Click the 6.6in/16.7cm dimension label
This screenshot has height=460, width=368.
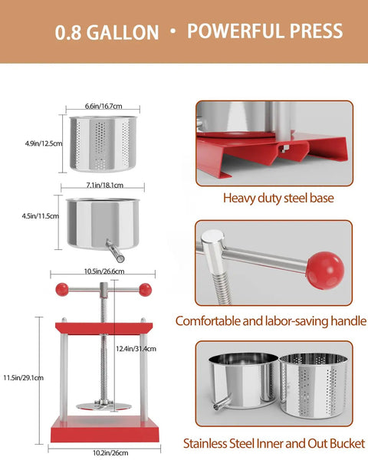103,106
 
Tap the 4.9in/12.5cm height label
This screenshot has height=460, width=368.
44,143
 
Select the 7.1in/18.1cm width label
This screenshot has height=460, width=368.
105,185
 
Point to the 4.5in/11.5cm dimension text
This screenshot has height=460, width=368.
40,216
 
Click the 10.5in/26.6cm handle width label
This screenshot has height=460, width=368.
104,271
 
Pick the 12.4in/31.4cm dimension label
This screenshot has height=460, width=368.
136,349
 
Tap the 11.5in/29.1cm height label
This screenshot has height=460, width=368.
23,377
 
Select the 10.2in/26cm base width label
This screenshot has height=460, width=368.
110,452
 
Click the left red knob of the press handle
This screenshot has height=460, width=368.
62,289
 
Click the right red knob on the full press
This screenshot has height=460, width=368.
145,290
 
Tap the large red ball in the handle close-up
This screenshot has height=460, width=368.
325,270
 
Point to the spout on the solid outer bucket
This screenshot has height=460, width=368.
115,251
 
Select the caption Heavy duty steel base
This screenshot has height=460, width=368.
278,198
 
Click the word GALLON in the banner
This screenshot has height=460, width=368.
123,32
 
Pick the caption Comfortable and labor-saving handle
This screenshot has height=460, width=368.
271,321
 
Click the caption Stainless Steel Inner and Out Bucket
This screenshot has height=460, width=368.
274,443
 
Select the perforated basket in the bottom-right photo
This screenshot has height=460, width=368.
314,385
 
